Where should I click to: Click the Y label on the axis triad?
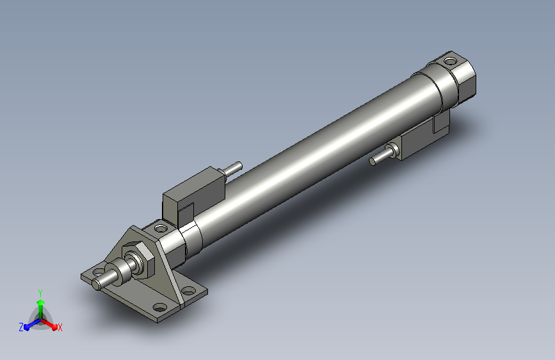[40, 293]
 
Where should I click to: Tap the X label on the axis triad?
[60, 328]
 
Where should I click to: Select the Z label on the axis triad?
[21, 327]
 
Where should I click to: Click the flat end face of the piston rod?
[96, 284]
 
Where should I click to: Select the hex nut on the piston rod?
[139, 259]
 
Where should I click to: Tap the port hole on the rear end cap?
[450, 61]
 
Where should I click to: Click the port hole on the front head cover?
[161, 229]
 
